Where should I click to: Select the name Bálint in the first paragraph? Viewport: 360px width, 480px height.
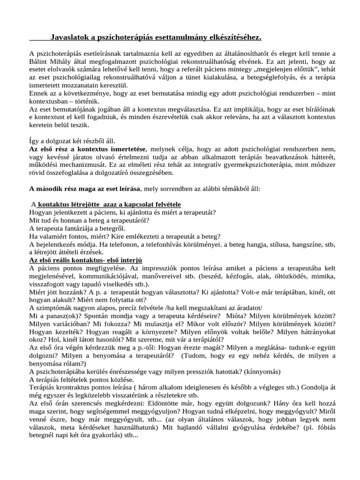(39, 61)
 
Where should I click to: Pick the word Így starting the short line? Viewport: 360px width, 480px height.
(34, 141)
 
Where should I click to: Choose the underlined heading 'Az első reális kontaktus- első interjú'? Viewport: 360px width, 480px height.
(86, 261)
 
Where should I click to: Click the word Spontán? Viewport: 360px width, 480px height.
(82, 316)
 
